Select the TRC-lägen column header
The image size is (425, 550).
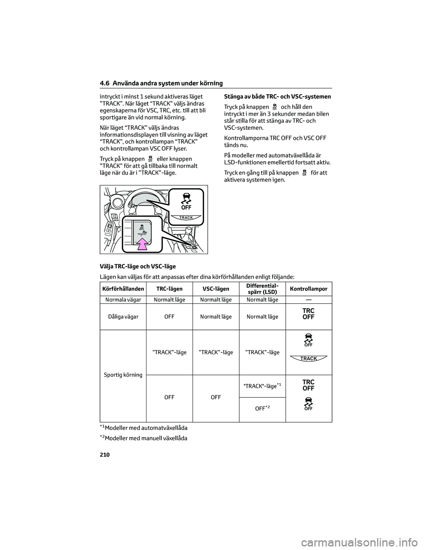tap(169, 289)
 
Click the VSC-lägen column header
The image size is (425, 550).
tap(216, 289)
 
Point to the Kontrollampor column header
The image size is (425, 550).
tap(309, 289)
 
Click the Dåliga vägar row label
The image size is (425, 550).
tap(123, 317)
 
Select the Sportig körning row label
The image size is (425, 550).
tap(123, 375)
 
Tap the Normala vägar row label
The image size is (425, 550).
tap(123, 300)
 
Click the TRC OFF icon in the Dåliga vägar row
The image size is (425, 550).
tap(309, 314)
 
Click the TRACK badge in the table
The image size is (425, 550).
tap(309, 359)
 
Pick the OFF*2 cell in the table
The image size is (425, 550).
tap(263, 408)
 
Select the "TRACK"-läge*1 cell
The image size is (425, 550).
tap(263, 386)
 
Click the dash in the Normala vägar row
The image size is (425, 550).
tap(309, 300)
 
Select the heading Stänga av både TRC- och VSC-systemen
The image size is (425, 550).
tap(278, 96)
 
